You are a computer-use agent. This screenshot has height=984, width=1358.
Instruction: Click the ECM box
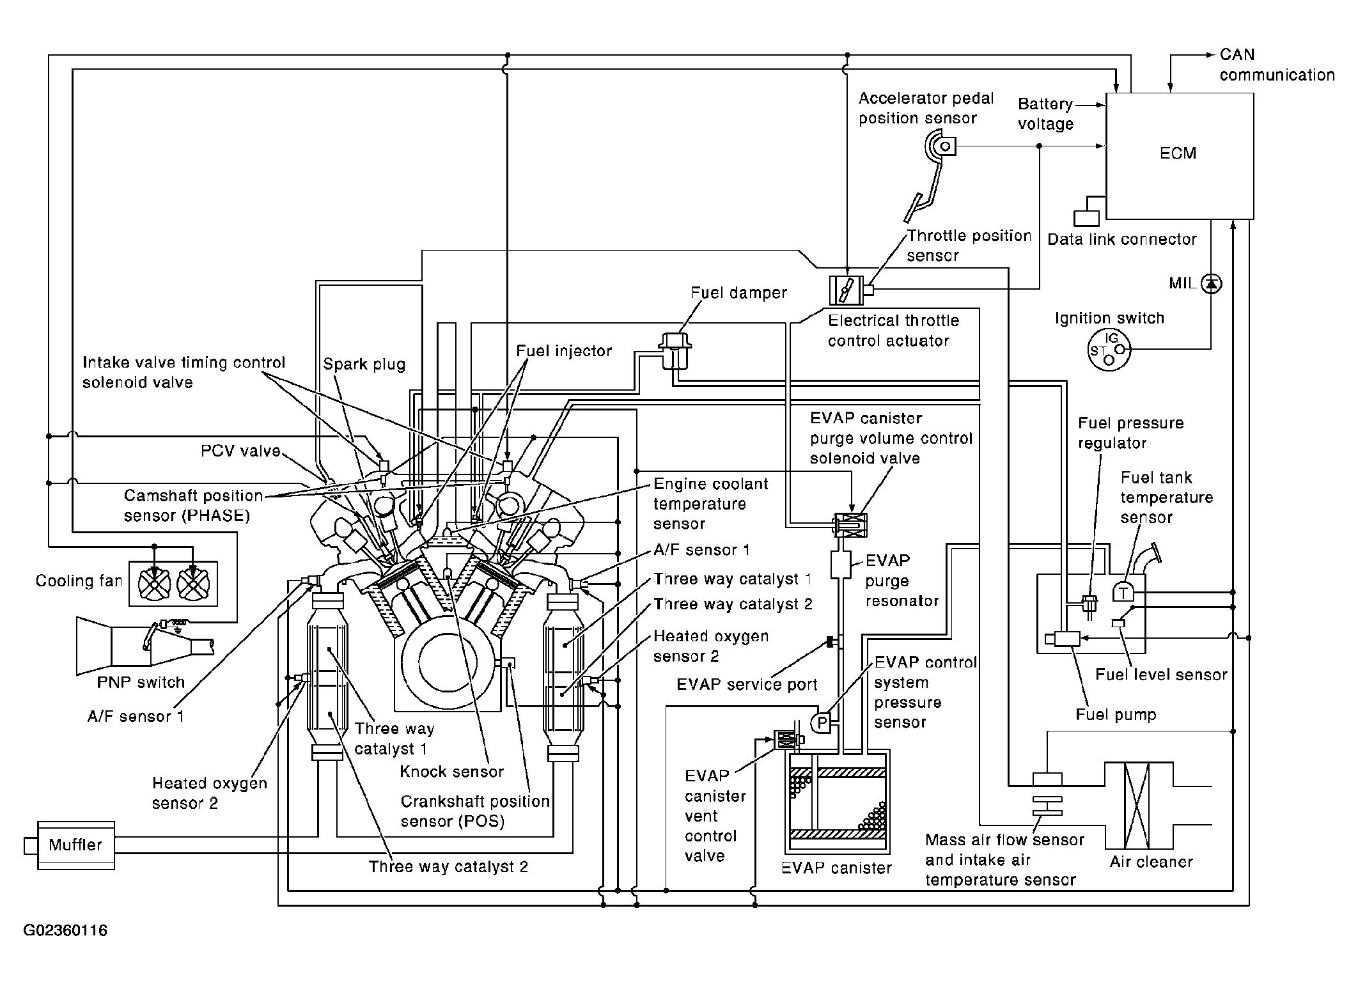[1179, 155]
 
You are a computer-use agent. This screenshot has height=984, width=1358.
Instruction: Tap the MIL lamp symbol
[1211, 283]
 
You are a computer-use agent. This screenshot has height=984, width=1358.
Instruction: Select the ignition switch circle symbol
[1109, 350]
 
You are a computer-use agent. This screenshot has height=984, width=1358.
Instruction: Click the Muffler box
[76, 845]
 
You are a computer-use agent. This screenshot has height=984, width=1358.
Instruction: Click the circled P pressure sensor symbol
[822, 723]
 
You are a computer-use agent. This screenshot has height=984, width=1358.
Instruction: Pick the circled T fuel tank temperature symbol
[1123, 593]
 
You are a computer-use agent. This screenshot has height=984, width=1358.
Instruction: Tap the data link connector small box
[1086, 218]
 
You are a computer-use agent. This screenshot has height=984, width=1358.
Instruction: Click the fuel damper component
[675, 351]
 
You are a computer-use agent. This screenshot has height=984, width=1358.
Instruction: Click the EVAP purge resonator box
[840, 565]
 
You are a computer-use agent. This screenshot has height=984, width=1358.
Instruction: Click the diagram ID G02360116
[65, 930]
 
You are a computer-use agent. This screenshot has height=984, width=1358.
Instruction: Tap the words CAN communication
[1276, 65]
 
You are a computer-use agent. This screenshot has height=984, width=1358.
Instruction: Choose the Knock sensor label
[451, 772]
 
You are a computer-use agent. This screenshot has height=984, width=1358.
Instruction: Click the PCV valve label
[240, 451]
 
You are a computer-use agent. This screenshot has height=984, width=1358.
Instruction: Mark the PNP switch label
[141, 682]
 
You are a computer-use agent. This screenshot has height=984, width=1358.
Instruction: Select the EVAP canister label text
[836, 868]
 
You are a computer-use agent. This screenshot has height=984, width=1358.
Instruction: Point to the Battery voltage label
[1045, 114]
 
